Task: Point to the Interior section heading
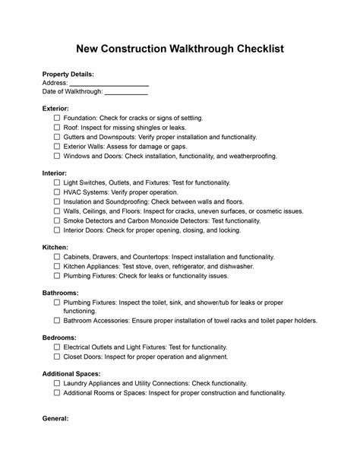(55, 174)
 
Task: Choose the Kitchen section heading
(55, 248)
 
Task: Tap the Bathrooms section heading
(62, 293)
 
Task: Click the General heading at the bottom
(56, 419)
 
